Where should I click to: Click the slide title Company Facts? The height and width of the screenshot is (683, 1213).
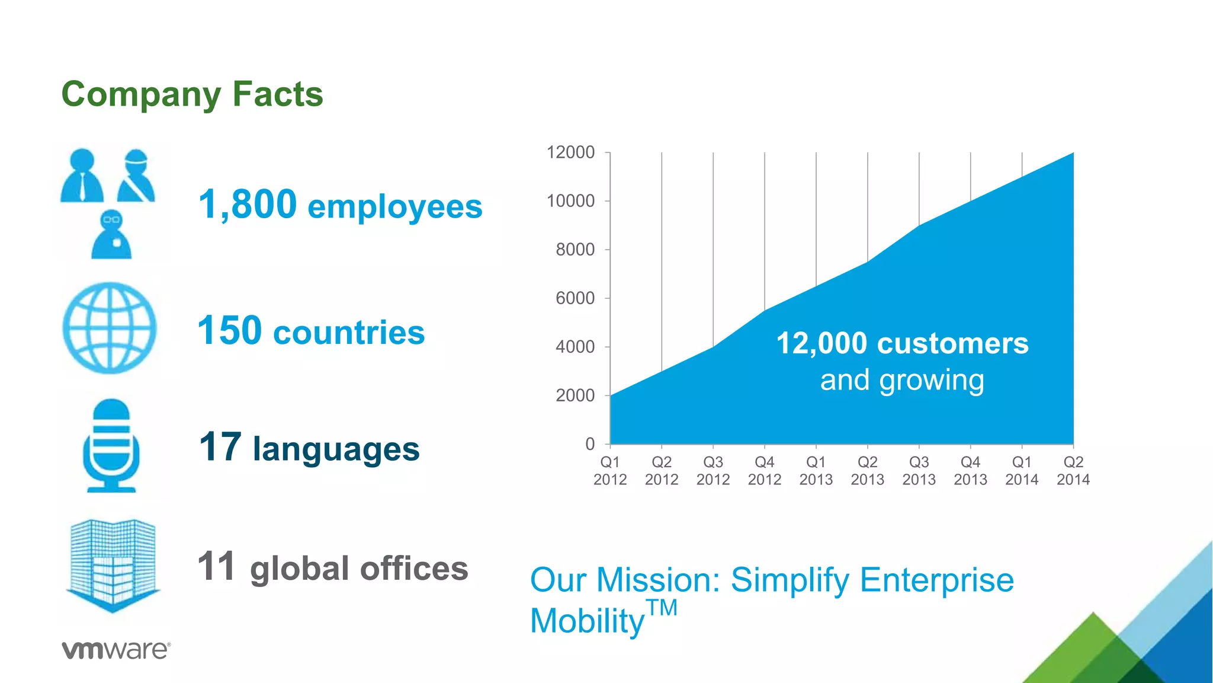pos(192,94)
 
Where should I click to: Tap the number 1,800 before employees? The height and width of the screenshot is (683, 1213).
pos(248,205)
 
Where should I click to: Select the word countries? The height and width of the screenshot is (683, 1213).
pos(349,332)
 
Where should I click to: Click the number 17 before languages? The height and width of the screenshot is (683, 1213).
pos(220,447)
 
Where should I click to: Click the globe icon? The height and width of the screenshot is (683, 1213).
pos(110,328)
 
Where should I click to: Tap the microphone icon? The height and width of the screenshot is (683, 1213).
pos(111,445)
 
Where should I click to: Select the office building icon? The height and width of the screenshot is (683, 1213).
pos(113,565)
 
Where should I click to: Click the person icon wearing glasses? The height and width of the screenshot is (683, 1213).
pos(111,234)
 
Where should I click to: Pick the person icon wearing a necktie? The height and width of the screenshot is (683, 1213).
pos(82,176)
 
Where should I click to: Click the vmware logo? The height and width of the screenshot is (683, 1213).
pos(116,650)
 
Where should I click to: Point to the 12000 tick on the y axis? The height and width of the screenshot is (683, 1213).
pos(570,152)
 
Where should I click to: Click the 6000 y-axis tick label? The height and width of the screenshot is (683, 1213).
pos(575,298)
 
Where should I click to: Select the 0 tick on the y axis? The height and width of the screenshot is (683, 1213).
pos(590,443)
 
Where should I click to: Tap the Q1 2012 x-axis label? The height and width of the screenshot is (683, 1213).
pos(610,471)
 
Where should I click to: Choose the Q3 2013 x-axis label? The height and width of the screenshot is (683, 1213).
pos(919,471)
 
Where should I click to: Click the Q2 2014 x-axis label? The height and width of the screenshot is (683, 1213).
pos(1073,471)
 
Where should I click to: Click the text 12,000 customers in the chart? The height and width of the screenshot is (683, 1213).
pos(902,343)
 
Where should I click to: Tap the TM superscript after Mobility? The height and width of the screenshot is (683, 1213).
pos(662,608)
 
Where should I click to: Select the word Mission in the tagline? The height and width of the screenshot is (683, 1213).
pos(657,580)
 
